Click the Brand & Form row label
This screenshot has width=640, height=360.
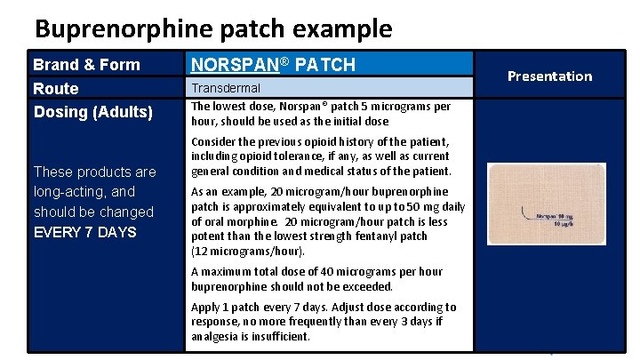86,64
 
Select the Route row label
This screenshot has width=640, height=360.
56,88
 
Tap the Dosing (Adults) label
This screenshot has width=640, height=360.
93,112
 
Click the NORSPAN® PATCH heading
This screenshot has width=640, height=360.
273,64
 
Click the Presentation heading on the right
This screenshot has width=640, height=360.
549,76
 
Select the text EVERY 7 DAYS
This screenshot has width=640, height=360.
84,232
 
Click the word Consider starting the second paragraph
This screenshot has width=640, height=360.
216,142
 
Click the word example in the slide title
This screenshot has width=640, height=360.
344,28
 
